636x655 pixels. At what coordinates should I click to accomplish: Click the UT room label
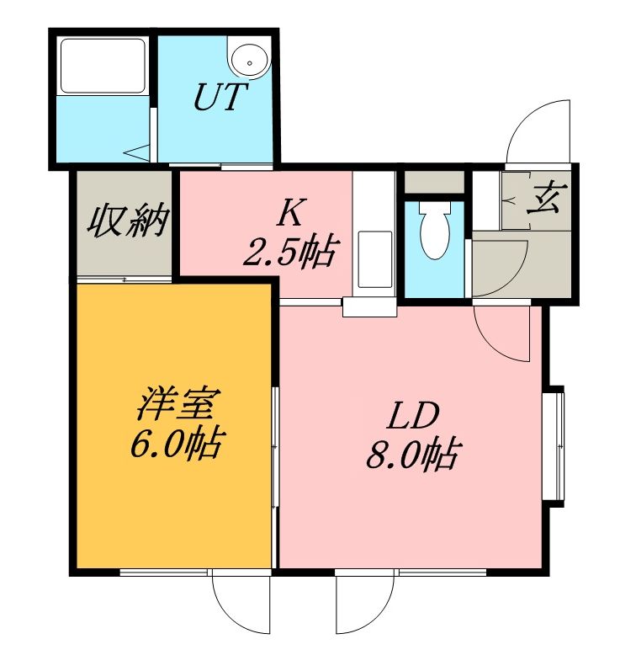tap(220, 97)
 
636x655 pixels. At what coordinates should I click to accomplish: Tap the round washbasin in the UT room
tap(250, 62)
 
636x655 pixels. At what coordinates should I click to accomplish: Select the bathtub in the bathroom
tap(103, 67)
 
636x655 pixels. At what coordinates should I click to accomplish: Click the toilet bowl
tap(435, 230)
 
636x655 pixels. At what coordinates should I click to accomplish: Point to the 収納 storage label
tap(128, 221)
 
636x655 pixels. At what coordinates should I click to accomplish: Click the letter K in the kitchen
tap(290, 212)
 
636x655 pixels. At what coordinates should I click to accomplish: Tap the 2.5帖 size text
tap(289, 252)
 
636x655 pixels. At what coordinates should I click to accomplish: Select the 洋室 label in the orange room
tap(176, 403)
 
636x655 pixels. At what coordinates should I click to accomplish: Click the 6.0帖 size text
tap(176, 444)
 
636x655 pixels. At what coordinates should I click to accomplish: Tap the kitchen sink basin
tap(375, 259)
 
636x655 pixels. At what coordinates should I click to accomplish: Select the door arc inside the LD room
tap(496, 338)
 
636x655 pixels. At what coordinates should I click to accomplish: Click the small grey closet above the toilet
tap(435, 182)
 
